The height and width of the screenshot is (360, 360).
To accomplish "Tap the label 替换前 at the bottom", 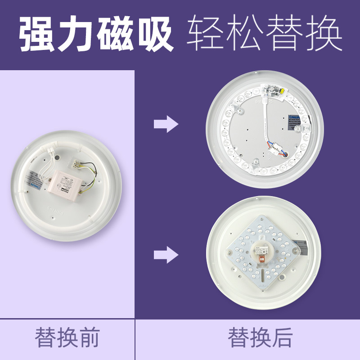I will pyautogui.click(x=67, y=338).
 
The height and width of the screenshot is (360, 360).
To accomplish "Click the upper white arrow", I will pyautogui.click(x=166, y=124).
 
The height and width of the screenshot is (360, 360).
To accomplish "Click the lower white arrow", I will pyautogui.click(x=166, y=255).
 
